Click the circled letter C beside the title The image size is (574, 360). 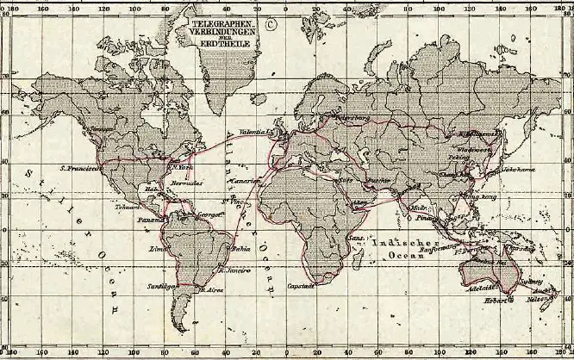270,24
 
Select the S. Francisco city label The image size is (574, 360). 77,168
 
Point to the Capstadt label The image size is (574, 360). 299,285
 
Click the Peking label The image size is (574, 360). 458,158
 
